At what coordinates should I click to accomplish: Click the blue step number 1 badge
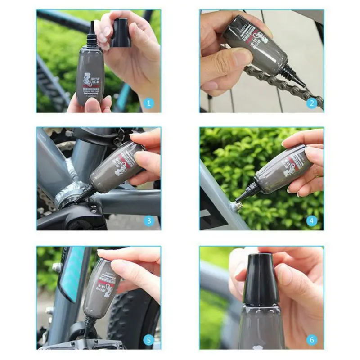tap(150, 103)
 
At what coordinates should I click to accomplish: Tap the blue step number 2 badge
tap(312, 103)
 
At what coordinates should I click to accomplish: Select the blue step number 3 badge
tap(150, 220)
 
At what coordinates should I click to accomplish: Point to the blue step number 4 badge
tap(312, 220)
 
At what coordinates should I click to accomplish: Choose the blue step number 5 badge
tap(150, 340)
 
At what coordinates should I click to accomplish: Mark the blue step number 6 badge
tap(312, 340)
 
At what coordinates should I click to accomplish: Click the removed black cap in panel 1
tap(121, 32)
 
